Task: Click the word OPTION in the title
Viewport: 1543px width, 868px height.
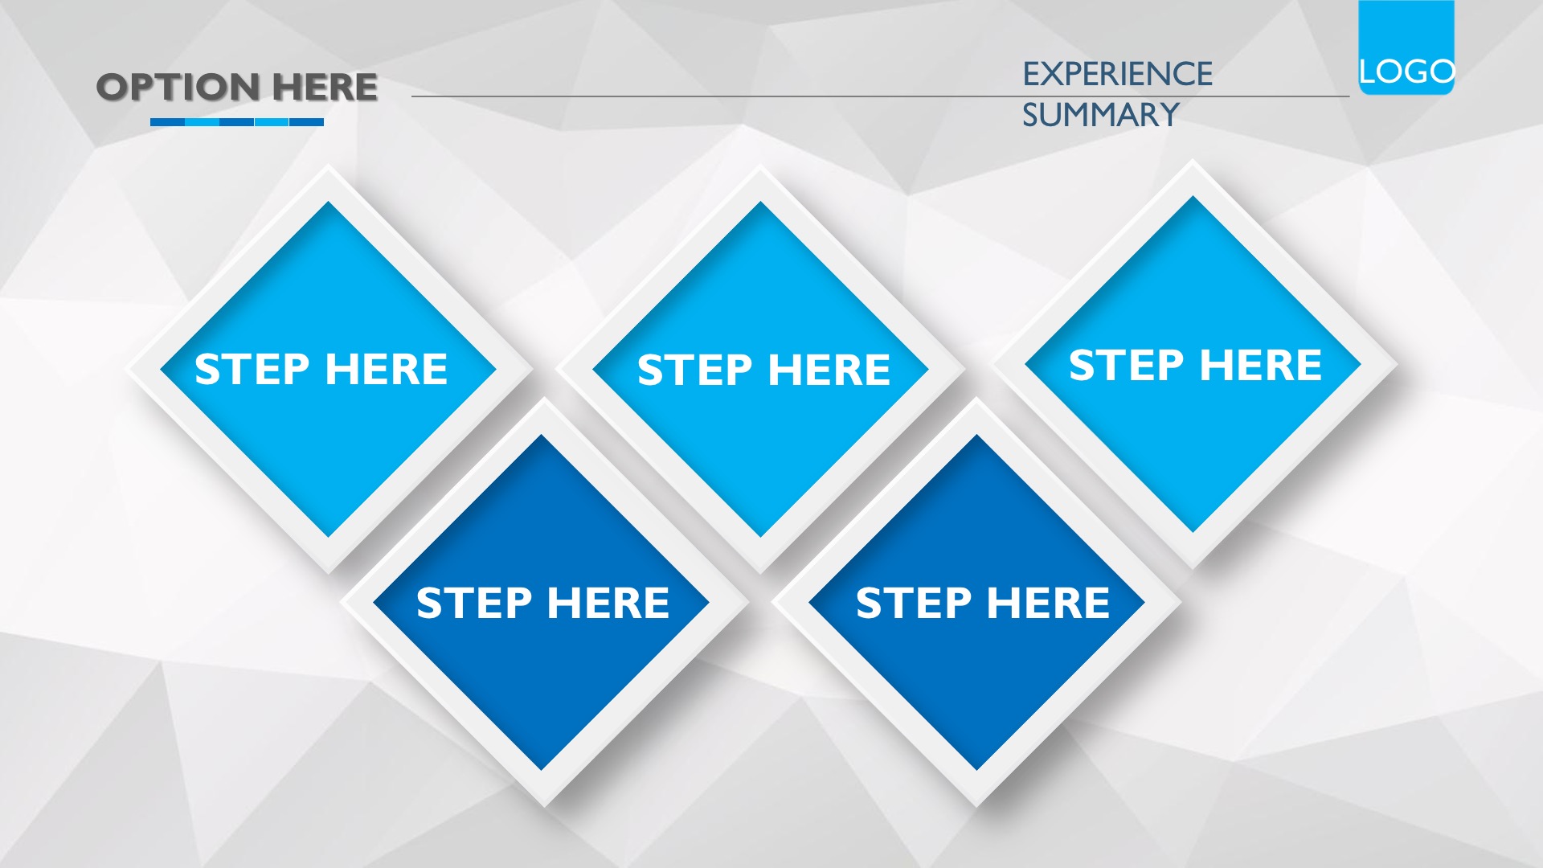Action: tap(178, 87)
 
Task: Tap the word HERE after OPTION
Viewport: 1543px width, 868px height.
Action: tap(325, 87)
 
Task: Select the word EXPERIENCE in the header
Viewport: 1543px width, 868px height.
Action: tap(1117, 74)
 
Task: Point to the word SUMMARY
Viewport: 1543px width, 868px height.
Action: tap(1100, 115)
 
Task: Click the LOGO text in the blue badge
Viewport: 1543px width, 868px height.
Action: tap(1406, 72)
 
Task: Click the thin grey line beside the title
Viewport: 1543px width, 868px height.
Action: tap(880, 96)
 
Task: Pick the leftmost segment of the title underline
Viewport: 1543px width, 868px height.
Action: tap(167, 122)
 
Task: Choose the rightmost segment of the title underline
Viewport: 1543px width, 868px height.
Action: tap(306, 122)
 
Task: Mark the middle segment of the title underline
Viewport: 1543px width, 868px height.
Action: tap(237, 122)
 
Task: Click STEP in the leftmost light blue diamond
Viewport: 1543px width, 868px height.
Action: tap(252, 369)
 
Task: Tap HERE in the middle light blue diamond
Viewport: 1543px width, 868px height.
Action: tap(829, 370)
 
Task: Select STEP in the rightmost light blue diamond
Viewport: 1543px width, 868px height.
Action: tap(1126, 365)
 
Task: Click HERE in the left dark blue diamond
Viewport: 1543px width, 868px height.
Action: tap(608, 603)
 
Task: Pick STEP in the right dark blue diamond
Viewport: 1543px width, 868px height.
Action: tap(913, 603)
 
